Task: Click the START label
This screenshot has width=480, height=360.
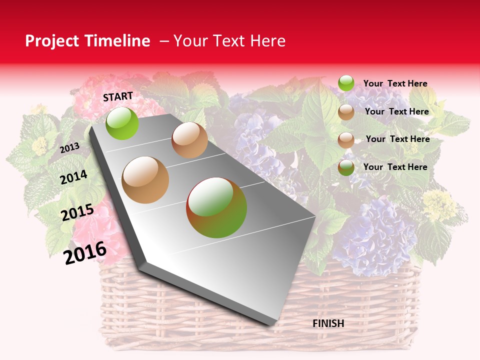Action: pyautogui.click(x=118, y=96)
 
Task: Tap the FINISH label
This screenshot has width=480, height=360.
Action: pyautogui.click(x=328, y=323)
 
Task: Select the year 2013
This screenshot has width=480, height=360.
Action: pyautogui.click(x=69, y=148)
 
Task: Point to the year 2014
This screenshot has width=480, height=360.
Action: pyautogui.click(x=73, y=177)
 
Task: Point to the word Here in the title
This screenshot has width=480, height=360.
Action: pyautogui.click(x=268, y=41)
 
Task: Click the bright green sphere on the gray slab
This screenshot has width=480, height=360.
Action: pyautogui.click(x=122, y=123)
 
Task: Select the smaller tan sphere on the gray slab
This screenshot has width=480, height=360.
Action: pyautogui.click(x=189, y=140)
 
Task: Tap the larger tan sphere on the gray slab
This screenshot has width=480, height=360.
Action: pyautogui.click(x=145, y=180)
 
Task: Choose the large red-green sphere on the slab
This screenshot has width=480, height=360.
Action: pyautogui.click(x=216, y=207)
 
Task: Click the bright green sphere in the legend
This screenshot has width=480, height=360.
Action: pyautogui.click(x=346, y=83)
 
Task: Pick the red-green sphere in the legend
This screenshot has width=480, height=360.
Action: pyautogui.click(x=346, y=167)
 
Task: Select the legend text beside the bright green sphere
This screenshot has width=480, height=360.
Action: pyautogui.click(x=395, y=83)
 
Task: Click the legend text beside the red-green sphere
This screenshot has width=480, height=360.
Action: pyautogui.click(x=395, y=167)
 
